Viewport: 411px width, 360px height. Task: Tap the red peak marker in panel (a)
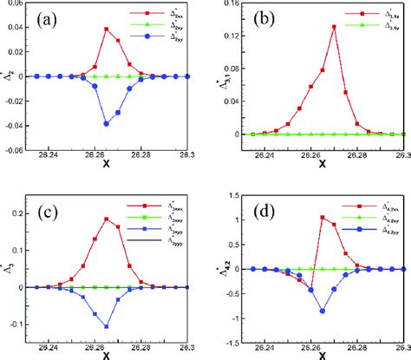[106, 29]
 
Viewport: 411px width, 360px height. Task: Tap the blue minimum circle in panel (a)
[106, 123]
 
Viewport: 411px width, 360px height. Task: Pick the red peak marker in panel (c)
[107, 219]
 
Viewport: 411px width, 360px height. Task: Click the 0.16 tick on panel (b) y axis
[225, 5]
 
